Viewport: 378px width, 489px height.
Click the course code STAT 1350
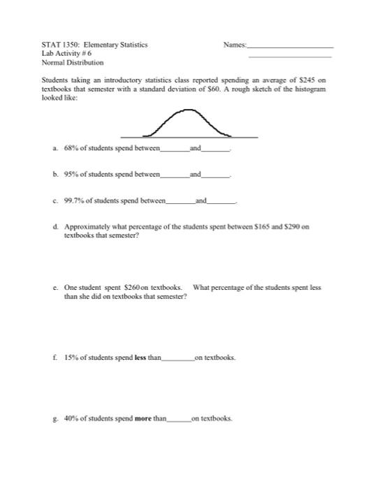tap(58, 45)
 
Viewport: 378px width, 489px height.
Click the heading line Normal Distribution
tap(73, 61)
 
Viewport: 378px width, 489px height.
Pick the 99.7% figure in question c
tap(73, 200)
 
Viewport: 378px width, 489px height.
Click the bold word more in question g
tap(145, 418)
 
